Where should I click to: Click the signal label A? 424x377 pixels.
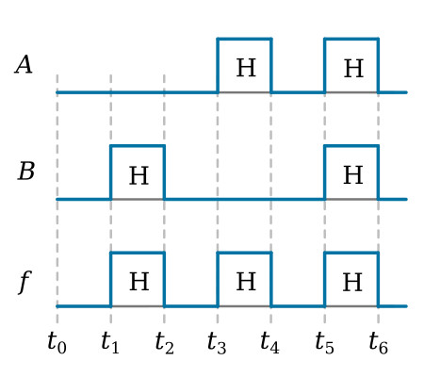click(24, 65)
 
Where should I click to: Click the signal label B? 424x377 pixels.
click(26, 172)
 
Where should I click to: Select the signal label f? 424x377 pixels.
click(24, 282)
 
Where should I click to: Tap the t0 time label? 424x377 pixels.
click(57, 342)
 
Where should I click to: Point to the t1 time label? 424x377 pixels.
click(110, 342)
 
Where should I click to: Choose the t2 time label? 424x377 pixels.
click(164, 342)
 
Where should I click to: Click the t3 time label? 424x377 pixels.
click(217, 342)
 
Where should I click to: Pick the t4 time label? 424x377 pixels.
click(270, 342)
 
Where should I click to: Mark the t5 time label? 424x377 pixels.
click(324, 342)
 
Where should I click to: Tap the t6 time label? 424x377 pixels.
click(379, 342)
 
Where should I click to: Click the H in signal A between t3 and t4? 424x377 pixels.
click(246, 68)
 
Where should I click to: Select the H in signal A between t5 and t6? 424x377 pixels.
click(353, 69)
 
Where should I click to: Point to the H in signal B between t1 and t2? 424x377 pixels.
click(139, 175)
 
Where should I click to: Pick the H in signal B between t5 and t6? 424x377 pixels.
click(353, 174)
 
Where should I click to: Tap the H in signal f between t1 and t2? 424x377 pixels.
click(139, 282)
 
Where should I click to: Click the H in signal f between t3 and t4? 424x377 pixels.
click(246, 282)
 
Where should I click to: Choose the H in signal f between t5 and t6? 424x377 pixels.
click(352, 282)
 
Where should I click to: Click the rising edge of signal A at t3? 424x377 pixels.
click(218, 66)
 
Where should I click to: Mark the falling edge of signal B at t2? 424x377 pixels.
click(164, 172)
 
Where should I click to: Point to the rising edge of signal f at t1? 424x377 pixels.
click(111, 279)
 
